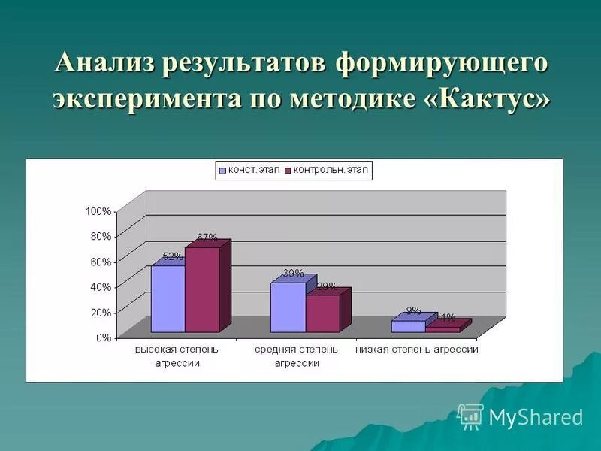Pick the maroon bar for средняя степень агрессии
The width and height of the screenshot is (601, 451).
coord(322,313)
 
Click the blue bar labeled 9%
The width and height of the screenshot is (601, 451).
coord(408,326)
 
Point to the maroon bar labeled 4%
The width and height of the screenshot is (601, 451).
coord(442,329)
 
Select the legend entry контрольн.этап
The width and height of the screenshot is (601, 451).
coord(331,171)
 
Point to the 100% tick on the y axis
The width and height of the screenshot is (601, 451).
coord(98,211)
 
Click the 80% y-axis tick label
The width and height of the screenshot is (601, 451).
coord(101,236)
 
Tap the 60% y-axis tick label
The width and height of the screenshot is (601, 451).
coord(101,262)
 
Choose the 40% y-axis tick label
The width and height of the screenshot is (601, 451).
coord(101,286)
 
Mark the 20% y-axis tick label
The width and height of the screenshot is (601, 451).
coord(101,312)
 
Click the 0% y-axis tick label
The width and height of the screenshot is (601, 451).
coord(103,337)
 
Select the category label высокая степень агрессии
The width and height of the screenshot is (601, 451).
coord(177,356)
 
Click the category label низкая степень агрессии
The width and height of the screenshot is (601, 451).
coord(417,350)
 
